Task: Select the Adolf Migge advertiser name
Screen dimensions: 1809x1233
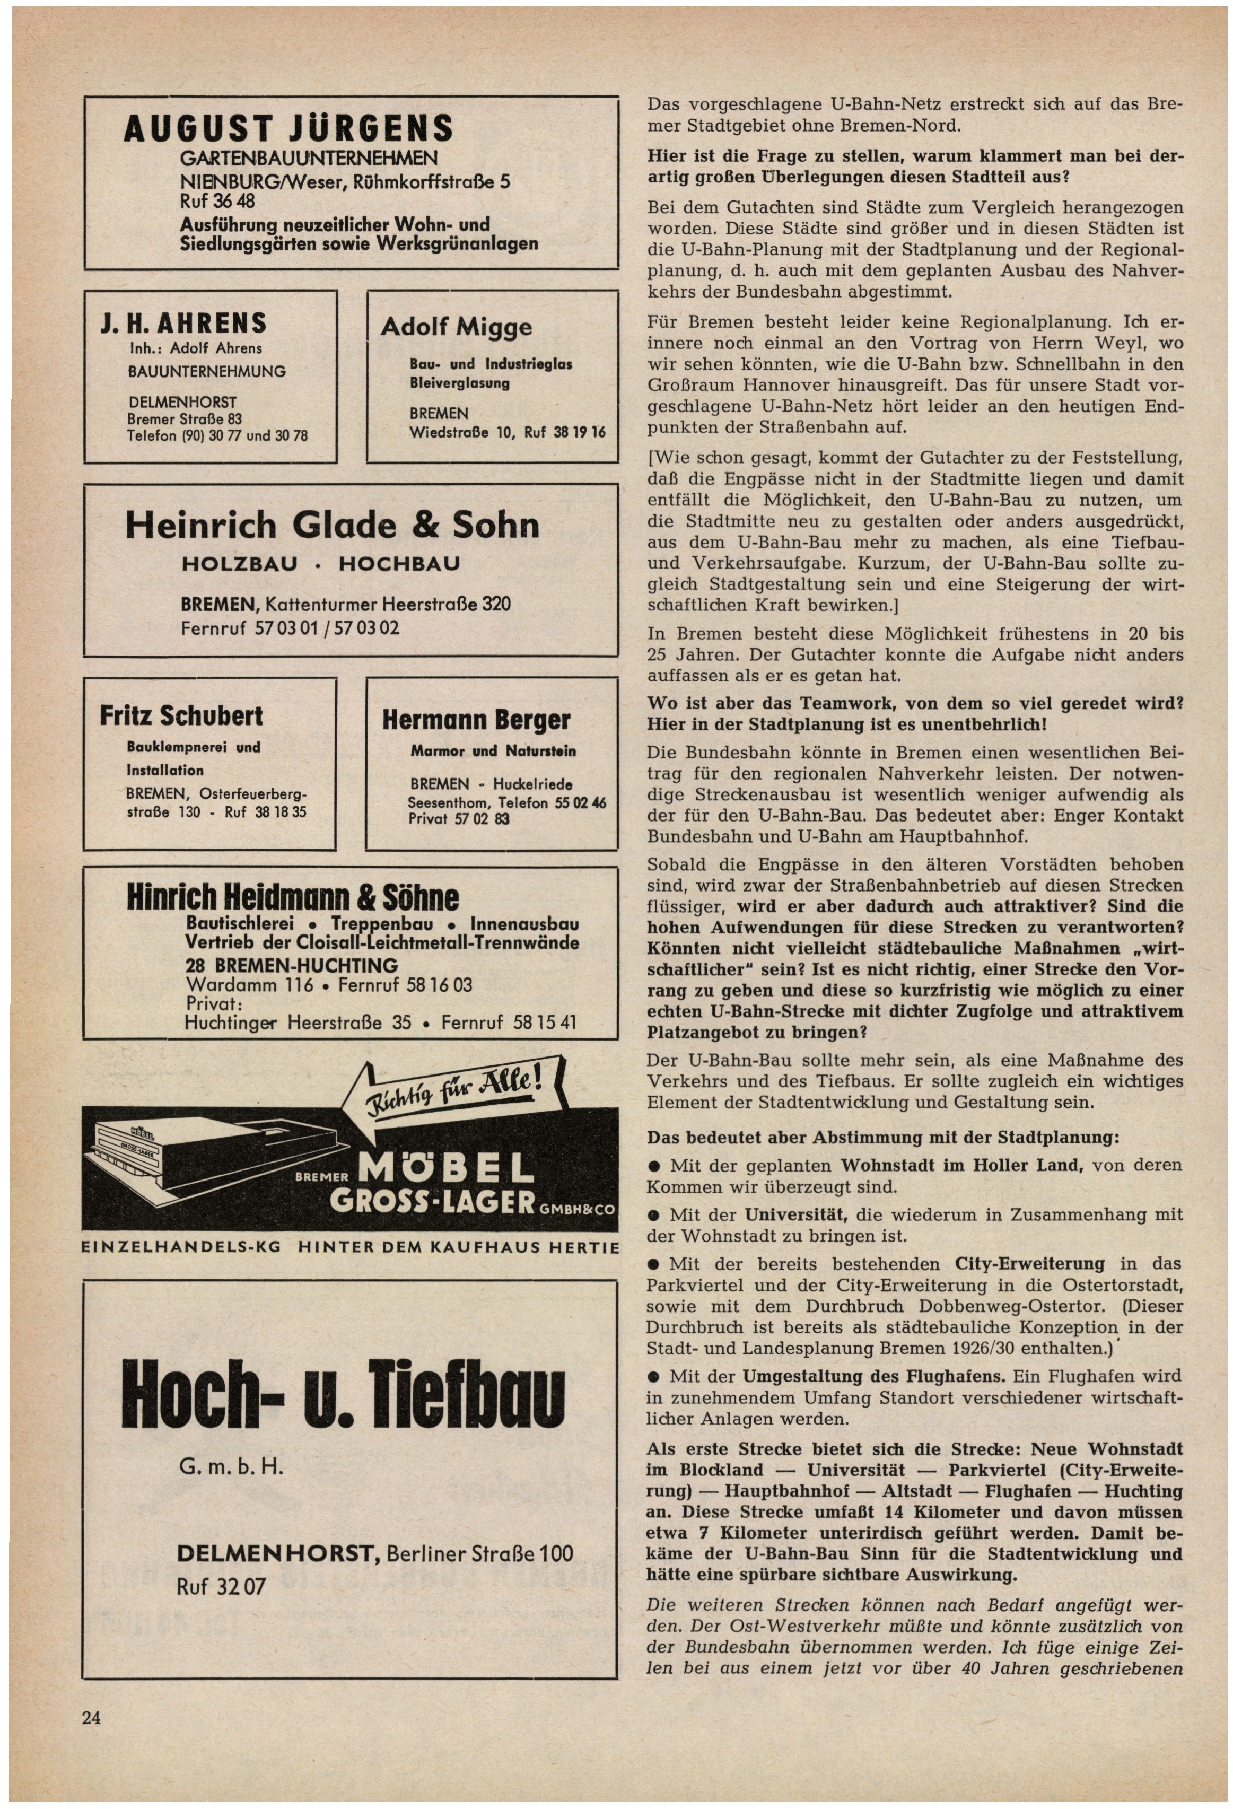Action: (x=456, y=326)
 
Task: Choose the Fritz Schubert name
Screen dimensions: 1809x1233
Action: (x=181, y=716)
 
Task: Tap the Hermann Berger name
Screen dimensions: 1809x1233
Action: (x=476, y=720)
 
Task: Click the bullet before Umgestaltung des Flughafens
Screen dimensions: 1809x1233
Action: (x=654, y=1376)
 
